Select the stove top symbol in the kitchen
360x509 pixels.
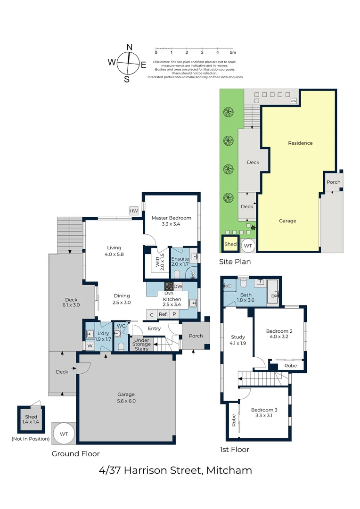[169, 287]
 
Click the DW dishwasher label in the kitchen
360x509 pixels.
[178, 287]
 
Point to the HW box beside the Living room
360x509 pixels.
[134, 211]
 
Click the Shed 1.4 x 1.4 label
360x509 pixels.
[31, 420]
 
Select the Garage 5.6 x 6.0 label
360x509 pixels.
[126, 398]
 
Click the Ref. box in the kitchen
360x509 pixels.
[163, 314]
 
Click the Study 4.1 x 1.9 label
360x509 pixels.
[237, 340]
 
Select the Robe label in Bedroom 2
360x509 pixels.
[291, 366]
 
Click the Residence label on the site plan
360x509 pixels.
[300, 143]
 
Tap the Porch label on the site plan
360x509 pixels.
[333, 182]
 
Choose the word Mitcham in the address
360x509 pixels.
[232, 470]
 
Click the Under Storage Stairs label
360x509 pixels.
[142, 344]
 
